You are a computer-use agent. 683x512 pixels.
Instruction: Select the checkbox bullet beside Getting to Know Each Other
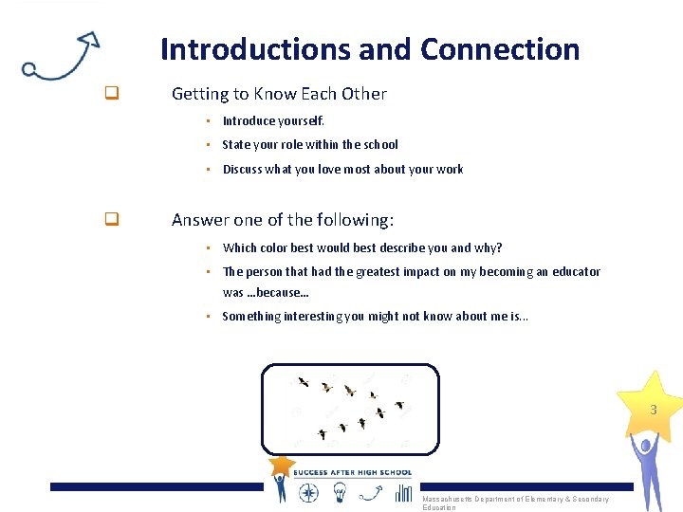pyautogui.click(x=111, y=94)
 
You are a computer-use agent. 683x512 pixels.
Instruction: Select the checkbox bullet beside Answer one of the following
pyautogui.click(x=111, y=220)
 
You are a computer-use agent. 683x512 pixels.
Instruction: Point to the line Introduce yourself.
pyautogui.click(x=273, y=120)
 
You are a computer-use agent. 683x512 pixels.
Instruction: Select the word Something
pyautogui.click(x=253, y=317)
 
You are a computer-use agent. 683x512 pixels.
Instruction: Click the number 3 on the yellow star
pyautogui.click(x=653, y=411)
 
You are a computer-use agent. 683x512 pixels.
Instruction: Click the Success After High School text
pyautogui.click(x=352, y=472)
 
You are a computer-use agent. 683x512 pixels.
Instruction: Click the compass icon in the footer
pyautogui.click(x=308, y=491)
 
